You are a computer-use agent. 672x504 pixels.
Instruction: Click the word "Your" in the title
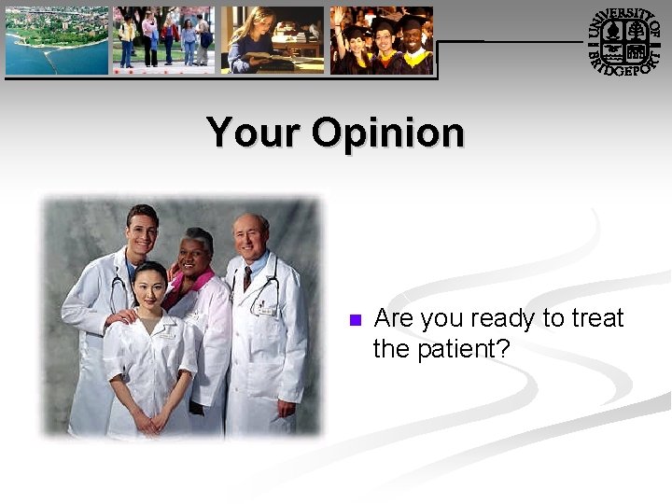254,133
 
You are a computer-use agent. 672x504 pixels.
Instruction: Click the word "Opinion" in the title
387,134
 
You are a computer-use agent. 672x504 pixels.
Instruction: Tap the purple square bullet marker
354,320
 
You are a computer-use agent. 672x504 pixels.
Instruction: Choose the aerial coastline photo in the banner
56,40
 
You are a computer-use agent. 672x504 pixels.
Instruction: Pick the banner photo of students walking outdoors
163,40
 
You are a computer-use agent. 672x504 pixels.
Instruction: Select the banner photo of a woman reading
272,40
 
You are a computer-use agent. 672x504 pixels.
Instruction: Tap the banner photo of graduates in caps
382,40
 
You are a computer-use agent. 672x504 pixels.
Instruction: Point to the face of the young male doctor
142,229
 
